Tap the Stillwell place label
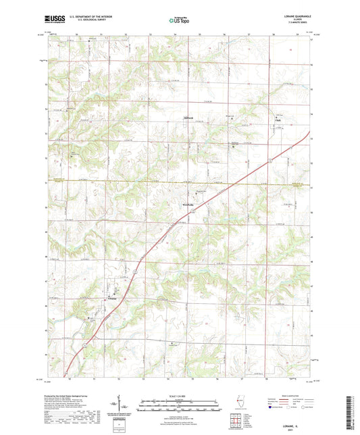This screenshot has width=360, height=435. (190, 120)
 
